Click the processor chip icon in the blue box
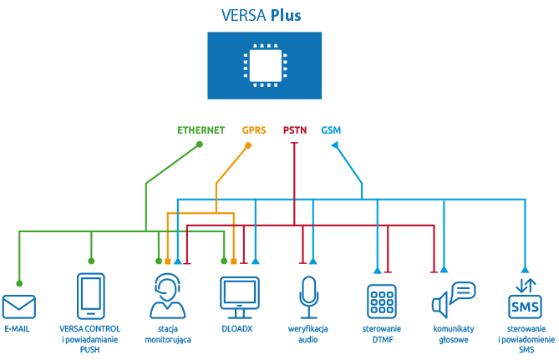click(265, 65)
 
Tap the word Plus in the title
click(286, 15)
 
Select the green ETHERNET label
click(201, 130)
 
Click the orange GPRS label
click(254, 130)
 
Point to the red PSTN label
click(295, 130)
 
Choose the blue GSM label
click(331, 130)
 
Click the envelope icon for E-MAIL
click(19, 307)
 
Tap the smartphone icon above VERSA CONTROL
click(91, 296)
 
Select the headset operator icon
click(168, 296)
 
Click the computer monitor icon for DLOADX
click(240, 297)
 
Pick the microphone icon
click(308, 297)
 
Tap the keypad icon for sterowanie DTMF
click(382, 302)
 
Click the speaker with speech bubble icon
click(454, 300)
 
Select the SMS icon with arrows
click(525, 298)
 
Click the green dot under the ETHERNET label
click(200, 145)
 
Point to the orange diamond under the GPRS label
click(248, 145)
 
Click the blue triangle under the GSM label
click(335, 145)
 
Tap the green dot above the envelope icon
click(19, 283)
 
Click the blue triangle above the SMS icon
click(525, 270)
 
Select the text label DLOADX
click(237, 328)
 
